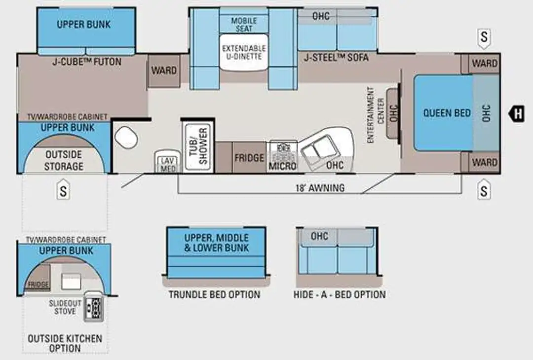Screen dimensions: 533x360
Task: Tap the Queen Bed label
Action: (x=447, y=113)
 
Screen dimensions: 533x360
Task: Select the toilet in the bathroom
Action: (x=126, y=137)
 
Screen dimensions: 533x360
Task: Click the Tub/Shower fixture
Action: (x=198, y=146)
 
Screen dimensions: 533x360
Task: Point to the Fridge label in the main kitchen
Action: (x=249, y=158)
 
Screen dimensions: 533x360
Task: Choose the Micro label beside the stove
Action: (x=282, y=166)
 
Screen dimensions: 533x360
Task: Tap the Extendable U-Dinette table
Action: (x=244, y=52)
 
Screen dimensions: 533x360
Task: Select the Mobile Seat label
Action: (x=244, y=25)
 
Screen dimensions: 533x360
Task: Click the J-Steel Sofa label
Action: (x=336, y=58)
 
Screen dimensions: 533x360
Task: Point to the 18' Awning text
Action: (x=320, y=188)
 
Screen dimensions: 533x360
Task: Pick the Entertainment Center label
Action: (x=375, y=115)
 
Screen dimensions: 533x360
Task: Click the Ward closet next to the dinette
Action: (x=164, y=71)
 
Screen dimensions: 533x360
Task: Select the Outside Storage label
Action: (x=64, y=161)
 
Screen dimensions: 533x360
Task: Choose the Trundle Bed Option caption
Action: (x=215, y=294)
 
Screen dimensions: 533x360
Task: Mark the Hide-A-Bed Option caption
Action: (x=340, y=294)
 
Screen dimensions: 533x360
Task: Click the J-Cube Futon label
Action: (x=87, y=62)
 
